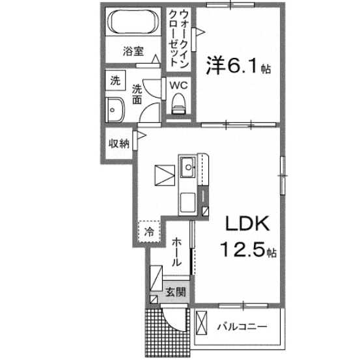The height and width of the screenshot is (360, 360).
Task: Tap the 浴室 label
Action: click(134, 52)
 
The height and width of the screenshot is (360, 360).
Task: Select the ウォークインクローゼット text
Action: click(178, 36)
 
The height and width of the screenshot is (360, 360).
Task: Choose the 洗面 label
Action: click(137, 94)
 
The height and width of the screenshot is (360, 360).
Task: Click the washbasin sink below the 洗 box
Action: click(117, 110)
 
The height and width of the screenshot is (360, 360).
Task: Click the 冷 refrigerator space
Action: click(149, 230)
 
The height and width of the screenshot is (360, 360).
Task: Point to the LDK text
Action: click(246, 225)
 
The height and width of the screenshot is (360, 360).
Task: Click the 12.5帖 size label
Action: click(247, 250)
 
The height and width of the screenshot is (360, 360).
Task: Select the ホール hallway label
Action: click(176, 252)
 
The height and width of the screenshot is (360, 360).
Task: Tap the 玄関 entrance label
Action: click(174, 292)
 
